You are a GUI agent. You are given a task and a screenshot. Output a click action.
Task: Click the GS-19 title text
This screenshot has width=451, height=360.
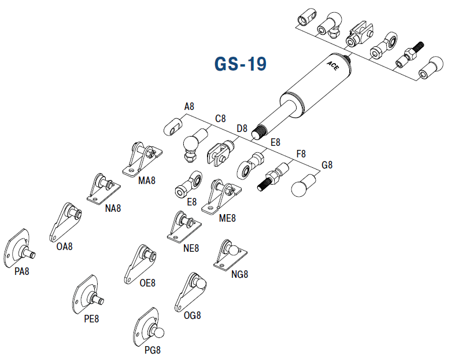(x=241, y=64)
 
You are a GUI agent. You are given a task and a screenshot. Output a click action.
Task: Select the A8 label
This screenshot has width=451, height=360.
(x=189, y=106)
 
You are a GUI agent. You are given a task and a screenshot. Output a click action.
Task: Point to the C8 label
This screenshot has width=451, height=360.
(x=220, y=119)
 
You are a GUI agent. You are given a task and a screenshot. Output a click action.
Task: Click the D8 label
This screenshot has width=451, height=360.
(x=242, y=128)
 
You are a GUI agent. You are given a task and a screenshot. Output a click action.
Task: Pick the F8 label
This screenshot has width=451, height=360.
(x=301, y=154)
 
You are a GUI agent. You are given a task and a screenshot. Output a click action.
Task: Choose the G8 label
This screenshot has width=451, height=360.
(x=327, y=165)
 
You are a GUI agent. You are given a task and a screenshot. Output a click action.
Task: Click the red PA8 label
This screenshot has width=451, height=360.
(x=22, y=271)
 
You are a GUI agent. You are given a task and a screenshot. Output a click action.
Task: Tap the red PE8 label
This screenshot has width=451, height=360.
(x=91, y=318)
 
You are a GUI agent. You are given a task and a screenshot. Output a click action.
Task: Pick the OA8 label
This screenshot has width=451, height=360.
(x=65, y=246)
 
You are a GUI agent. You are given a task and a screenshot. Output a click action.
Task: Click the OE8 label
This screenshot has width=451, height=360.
(x=147, y=283)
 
